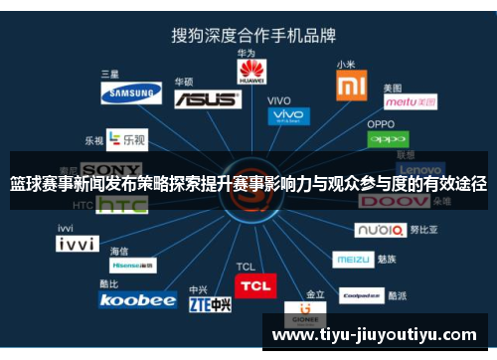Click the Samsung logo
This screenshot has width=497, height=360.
(130, 93)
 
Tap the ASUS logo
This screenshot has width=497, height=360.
(207, 98)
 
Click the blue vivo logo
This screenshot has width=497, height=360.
(287, 116)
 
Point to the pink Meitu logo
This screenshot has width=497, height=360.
(410, 101)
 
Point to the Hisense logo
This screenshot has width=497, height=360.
(133, 267)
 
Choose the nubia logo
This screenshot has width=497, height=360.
(381, 230)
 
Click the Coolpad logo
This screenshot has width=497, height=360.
(361, 295)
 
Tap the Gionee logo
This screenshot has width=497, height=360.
(303, 317)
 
